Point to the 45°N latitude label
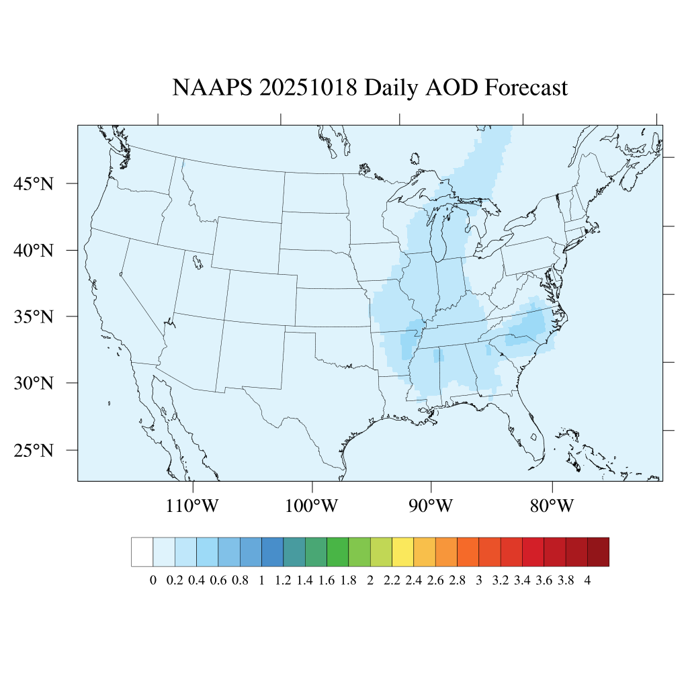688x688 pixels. pyautogui.click(x=34, y=184)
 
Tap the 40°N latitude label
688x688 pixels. pyautogui.click(x=34, y=251)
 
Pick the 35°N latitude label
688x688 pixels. pyautogui.click(x=34, y=316)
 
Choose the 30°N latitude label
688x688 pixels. pyautogui.click(x=34, y=384)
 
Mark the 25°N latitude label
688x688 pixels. pyautogui.click(x=34, y=450)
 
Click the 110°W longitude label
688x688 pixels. pyautogui.click(x=193, y=506)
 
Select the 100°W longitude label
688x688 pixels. pyautogui.click(x=312, y=506)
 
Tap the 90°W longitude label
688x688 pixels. pyautogui.click(x=431, y=506)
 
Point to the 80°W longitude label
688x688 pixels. pyautogui.click(x=552, y=506)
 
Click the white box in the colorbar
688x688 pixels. pyautogui.click(x=142, y=552)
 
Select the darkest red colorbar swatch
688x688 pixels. pyautogui.click(x=598, y=552)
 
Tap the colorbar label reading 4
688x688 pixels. pyautogui.click(x=588, y=580)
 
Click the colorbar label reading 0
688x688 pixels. pyautogui.click(x=153, y=580)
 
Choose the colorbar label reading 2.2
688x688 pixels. pyautogui.click(x=392, y=580)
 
